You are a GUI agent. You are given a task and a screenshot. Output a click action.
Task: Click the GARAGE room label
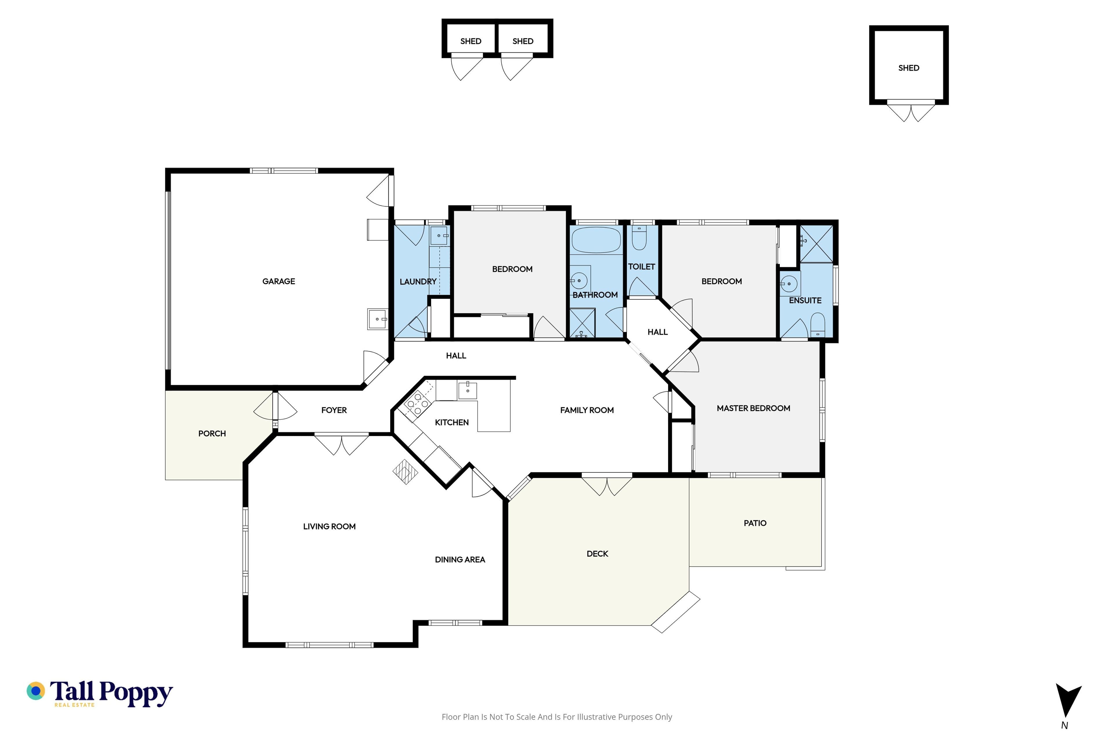[x=278, y=281]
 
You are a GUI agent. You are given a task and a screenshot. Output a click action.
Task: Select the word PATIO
[x=755, y=523]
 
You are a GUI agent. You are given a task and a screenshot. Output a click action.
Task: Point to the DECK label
[x=597, y=554]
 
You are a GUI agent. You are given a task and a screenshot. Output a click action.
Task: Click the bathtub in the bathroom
[x=596, y=240]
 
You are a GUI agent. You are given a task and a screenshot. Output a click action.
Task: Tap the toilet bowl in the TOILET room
[x=639, y=238]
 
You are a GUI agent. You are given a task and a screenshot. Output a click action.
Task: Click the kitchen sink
[x=467, y=390]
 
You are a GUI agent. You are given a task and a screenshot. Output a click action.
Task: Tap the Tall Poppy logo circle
[x=35, y=691]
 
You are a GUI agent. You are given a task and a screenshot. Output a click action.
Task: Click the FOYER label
[x=334, y=410]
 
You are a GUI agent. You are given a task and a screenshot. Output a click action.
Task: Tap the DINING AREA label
[x=460, y=560]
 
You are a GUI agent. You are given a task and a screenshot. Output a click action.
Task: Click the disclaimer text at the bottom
[x=556, y=717]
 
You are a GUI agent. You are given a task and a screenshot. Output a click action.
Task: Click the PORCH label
[x=212, y=434]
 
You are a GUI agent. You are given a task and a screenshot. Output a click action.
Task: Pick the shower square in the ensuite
[x=816, y=244]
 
